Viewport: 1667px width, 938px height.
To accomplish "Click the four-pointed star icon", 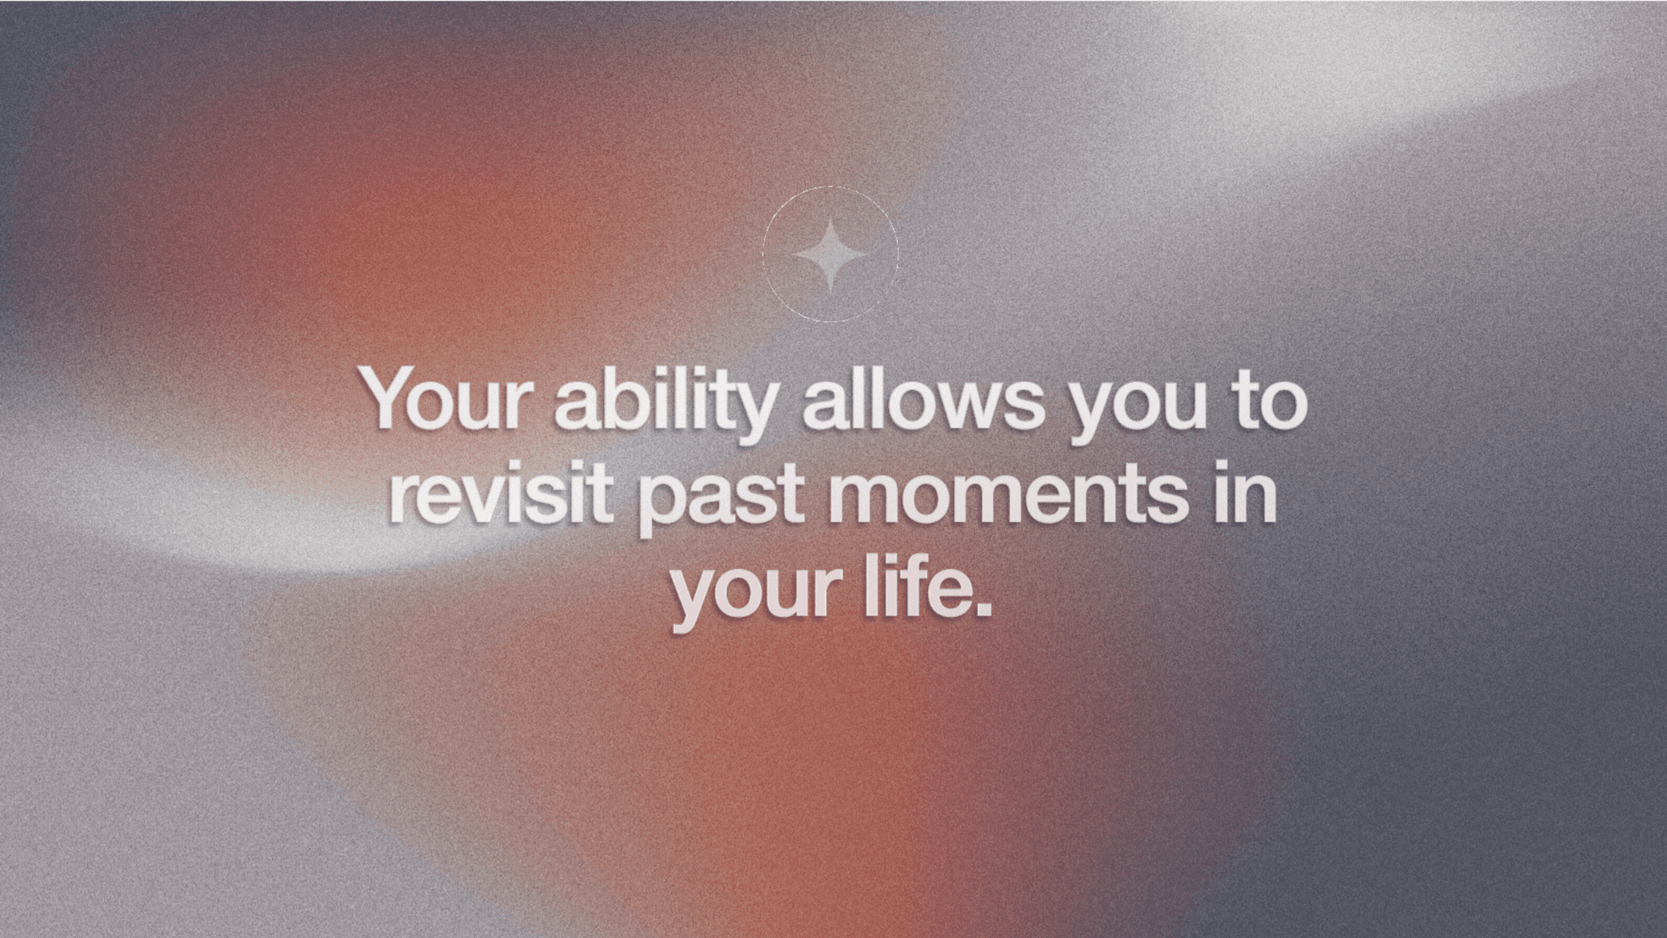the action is [830, 255].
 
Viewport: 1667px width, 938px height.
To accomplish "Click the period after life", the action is [982, 607].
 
